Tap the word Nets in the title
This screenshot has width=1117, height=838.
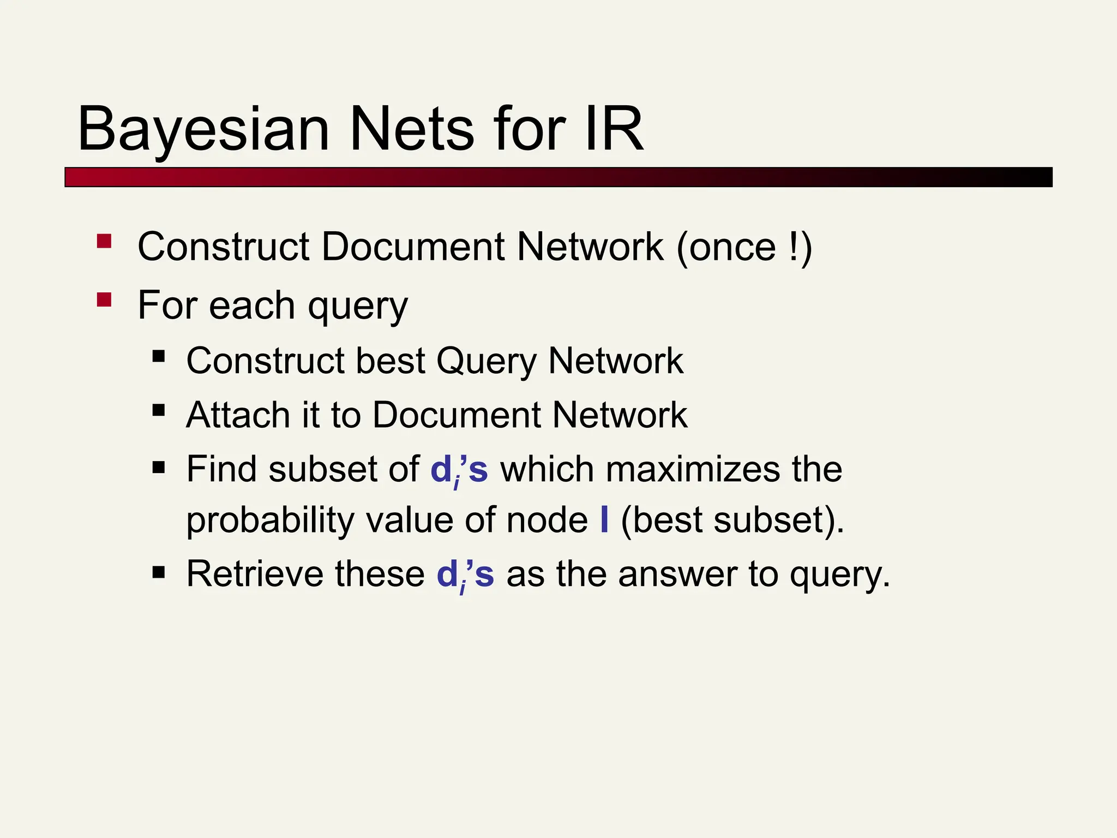click(x=412, y=129)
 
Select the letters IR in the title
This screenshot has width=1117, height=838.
click(x=614, y=129)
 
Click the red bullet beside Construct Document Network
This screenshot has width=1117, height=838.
click(x=104, y=241)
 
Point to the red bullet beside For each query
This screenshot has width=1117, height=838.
click(x=104, y=300)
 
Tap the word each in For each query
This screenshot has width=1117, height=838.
click(x=252, y=306)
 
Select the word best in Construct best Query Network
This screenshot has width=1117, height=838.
click(x=390, y=361)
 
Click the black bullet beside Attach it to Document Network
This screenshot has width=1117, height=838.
click(x=159, y=410)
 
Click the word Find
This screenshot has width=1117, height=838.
click(x=221, y=469)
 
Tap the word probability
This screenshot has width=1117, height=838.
click(x=270, y=520)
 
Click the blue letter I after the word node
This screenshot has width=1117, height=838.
click(x=604, y=520)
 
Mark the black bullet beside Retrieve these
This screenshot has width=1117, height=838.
click(x=159, y=572)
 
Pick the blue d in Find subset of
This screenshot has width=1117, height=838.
click(x=440, y=469)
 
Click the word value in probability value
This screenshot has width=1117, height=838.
click(x=409, y=520)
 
